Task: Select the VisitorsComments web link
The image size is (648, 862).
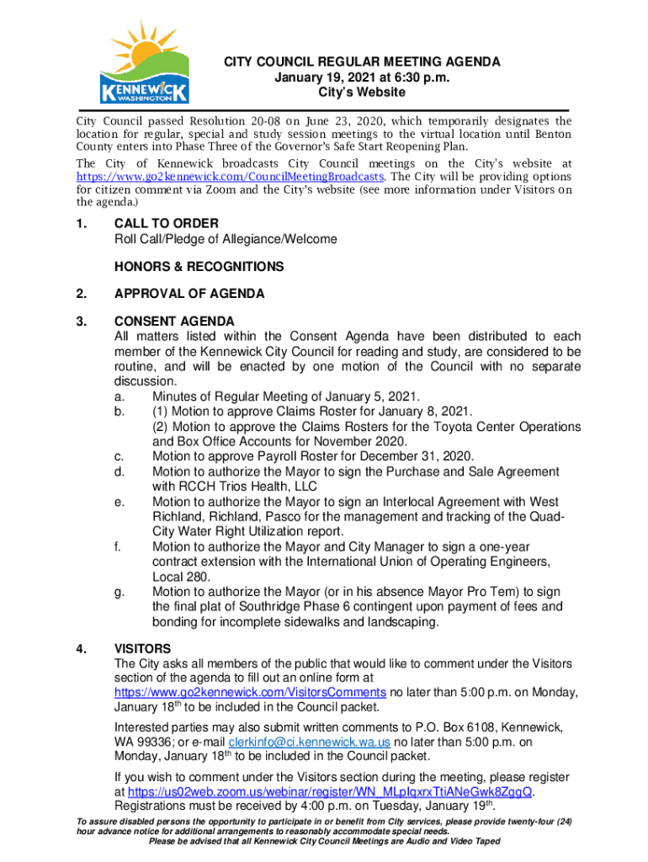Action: click(x=251, y=692)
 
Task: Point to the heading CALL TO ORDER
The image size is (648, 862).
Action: click(x=167, y=223)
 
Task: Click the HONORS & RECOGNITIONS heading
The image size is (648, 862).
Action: click(x=199, y=267)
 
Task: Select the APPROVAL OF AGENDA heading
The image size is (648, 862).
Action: click(x=189, y=294)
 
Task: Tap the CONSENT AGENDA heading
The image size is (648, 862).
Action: click(x=174, y=321)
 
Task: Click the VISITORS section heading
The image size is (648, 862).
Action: click(x=142, y=649)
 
